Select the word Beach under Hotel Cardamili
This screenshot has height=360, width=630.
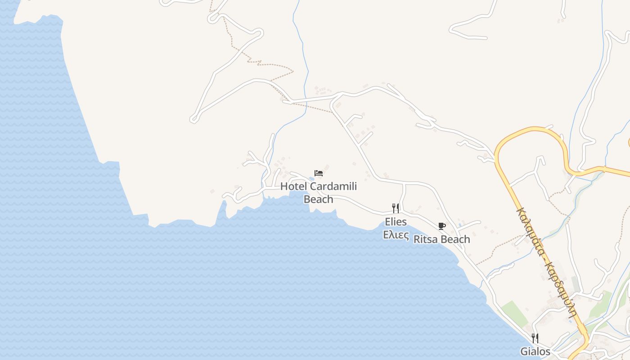[319, 199]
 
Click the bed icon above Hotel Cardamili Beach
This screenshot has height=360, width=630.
[319, 173]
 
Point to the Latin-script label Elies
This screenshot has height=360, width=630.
[396, 222]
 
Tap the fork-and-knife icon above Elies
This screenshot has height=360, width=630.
[396, 208]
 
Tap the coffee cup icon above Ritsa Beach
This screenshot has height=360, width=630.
[441, 226]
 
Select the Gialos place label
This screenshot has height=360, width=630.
[535, 351]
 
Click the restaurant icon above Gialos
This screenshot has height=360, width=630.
[535, 338]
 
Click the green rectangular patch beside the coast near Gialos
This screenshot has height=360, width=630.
[515, 312]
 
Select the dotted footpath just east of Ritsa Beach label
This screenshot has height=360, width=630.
[495, 250]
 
